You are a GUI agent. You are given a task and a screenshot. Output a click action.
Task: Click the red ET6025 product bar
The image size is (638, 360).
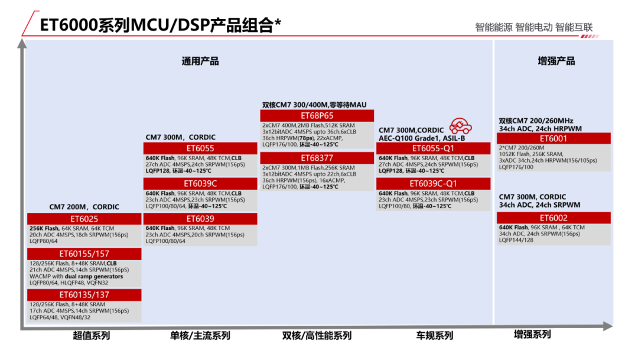click(84, 219)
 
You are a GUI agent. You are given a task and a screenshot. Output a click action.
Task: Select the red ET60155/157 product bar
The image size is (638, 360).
click(84, 254)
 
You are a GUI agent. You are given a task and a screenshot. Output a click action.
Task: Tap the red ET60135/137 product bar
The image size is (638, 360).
click(84, 294)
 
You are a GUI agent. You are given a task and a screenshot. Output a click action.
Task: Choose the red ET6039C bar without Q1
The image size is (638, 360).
click(200, 183)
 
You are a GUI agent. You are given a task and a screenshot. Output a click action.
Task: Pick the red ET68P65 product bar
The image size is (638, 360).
click(317, 115)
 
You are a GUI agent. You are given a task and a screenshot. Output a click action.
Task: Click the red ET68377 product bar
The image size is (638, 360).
click(317, 158)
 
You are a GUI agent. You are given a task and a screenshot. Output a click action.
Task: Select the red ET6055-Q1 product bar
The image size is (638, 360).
click(433, 148)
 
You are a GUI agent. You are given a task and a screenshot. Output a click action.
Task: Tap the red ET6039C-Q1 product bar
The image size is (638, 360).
click(433, 183)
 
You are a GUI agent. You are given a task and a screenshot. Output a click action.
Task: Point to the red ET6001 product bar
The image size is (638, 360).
click(553, 138)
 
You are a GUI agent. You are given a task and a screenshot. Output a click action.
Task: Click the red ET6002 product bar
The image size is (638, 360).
click(553, 218)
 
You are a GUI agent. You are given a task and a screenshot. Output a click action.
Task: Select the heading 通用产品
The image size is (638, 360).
click(200, 61)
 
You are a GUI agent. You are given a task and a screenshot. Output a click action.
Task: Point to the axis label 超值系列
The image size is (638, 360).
click(92, 336)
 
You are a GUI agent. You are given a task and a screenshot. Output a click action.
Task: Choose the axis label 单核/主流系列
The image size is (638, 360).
click(200, 336)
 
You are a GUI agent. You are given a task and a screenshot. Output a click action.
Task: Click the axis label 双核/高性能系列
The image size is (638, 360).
click(317, 336)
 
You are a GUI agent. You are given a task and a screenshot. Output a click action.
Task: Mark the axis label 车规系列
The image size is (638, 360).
click(435, 336)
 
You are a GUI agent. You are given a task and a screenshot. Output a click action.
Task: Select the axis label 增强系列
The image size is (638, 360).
click(532, 334)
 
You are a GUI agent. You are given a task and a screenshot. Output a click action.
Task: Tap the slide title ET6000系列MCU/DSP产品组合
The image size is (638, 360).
click(159, 25)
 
